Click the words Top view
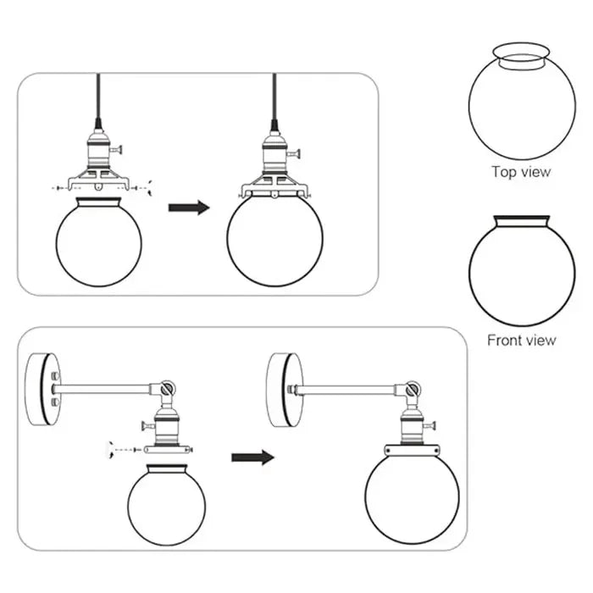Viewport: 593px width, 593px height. [521, 172]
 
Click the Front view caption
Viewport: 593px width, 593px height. [521, 341]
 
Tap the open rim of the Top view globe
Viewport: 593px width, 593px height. [522, 60]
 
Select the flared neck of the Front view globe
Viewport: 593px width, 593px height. [522, 223]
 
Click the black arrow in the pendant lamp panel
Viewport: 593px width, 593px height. [188, 208]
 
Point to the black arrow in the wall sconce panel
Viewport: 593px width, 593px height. [252, 457]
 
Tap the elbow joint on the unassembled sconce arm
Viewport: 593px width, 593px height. [166, 391]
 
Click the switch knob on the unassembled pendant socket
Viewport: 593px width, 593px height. [119, 150]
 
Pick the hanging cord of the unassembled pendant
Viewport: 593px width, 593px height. [98, 97]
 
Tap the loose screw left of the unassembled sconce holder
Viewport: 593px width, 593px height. [111, 448]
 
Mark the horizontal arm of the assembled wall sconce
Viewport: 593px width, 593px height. [347, 391]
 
